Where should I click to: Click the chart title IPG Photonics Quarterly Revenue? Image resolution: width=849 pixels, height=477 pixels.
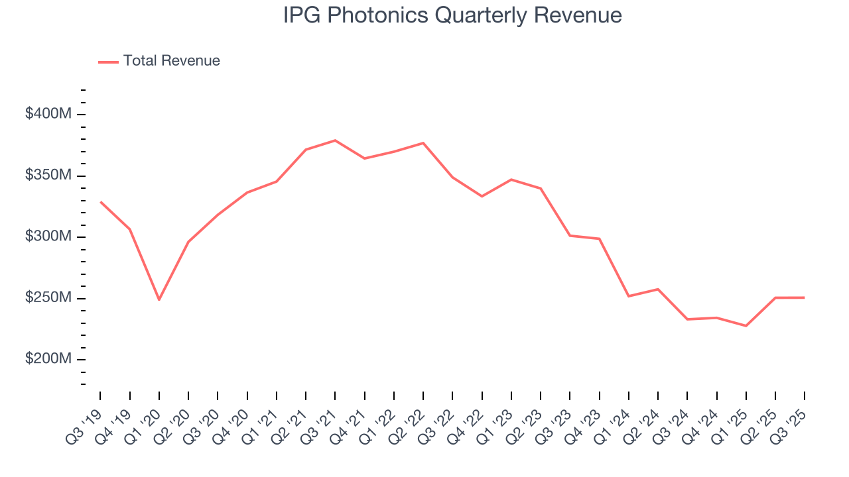click(452, 16)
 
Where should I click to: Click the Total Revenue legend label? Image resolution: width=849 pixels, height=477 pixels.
click(171, 61)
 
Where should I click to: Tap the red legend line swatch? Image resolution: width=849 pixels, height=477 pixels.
click(108, 62)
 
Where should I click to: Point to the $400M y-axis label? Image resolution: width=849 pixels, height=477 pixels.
click(48, 114)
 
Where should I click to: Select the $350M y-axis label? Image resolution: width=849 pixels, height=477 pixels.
click(48, 176)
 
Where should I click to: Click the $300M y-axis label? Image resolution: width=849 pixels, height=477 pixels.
click(48, 237)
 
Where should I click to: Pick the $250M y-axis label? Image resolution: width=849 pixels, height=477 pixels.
click(48, 298)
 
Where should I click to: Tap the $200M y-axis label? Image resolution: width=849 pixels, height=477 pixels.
click(48, 359)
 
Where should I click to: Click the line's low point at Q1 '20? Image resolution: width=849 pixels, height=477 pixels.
click(159, 299)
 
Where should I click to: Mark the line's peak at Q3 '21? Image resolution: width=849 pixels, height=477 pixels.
click(335, 140)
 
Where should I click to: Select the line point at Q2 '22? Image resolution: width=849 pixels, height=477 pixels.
click(423, 143)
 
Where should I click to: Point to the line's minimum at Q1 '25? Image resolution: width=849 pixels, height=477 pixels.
click(746, 326)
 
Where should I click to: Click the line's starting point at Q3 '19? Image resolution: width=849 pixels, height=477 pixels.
click(101, 202)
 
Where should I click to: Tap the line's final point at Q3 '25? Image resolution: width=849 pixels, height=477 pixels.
click(804, 297)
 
